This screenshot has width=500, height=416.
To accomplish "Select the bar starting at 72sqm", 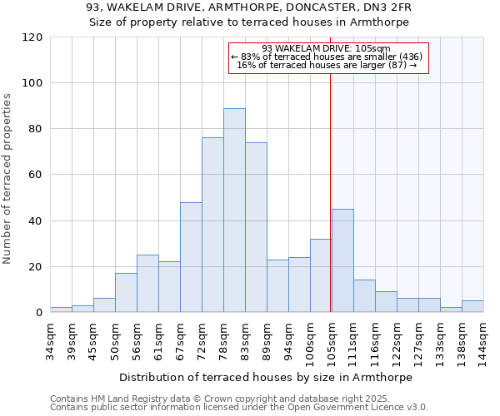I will pyautogui.click(x=212, y=225).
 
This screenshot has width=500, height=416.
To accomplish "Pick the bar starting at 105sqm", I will pyautogui.click(x=342, y=260).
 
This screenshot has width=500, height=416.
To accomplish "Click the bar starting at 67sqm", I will pyautogui.click(x=191, y=257).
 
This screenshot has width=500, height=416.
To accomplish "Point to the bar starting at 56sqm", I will pyautogui.click(x=147, y=284).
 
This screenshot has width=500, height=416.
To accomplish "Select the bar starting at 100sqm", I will pyautogui.click(x=321, y=275).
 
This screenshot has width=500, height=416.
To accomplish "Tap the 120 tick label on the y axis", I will pyautogui.click(x=32, y=37).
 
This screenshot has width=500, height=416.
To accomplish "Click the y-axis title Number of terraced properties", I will pyautogui.click(x=7, y=179).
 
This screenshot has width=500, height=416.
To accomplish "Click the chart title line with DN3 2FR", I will pyautogui.click(x=249, y=7).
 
